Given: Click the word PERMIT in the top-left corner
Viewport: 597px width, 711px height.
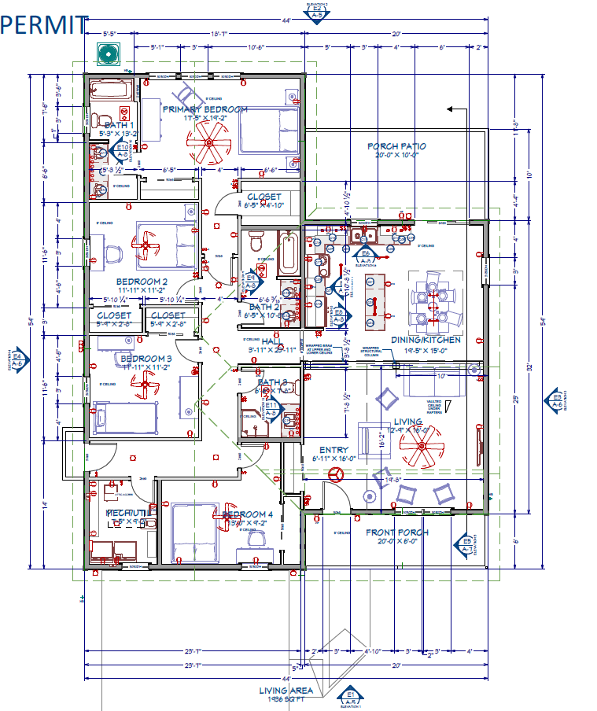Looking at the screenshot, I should point(44,24).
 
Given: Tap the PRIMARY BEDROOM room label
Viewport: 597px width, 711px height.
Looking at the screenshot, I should point(205,109).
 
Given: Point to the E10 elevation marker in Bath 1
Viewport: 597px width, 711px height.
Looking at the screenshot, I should point(123,150).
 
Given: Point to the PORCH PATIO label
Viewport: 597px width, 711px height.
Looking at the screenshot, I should point(396,146).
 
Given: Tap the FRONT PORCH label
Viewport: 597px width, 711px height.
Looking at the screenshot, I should point(397,532).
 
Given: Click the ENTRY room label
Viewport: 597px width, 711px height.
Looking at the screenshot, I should point(334,449).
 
